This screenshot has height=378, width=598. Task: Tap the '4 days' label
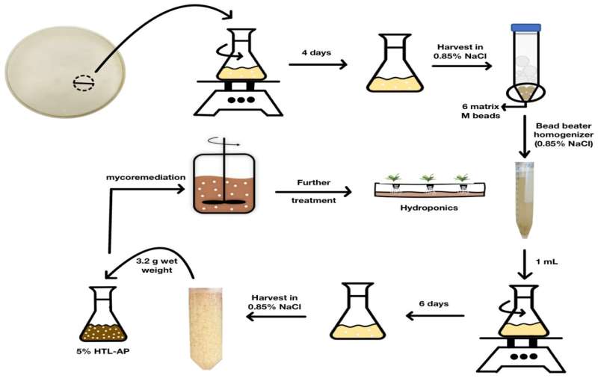pos(314,53)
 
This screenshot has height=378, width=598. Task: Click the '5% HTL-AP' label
pos(108,350)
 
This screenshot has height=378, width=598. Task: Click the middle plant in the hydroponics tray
pos(428,179)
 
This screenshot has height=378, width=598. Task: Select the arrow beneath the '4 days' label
pos(317,65)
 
